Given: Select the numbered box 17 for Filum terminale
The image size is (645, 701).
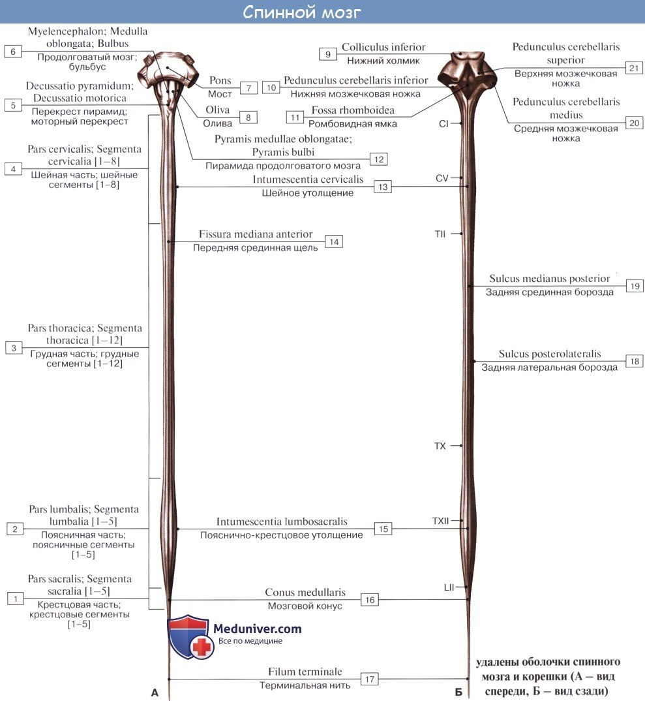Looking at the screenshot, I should point(370,679).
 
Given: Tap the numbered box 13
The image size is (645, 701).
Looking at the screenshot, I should point(383,187).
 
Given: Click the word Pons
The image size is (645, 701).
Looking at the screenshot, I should point(220,80).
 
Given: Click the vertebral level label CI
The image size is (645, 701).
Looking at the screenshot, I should point(443,123).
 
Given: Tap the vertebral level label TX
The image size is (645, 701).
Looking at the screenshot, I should point(440,446).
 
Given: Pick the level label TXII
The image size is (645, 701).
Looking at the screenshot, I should point(441,522).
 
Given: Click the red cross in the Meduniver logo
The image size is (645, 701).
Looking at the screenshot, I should point(202,647).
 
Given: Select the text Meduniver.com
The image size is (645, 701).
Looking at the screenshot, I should point(258,629).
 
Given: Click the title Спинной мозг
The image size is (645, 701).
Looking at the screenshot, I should point(302,12).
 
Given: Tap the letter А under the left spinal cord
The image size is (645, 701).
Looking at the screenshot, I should point(155,693).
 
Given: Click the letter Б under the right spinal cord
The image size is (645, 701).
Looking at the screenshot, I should point(459,693).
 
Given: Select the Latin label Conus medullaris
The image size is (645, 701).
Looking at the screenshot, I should point(305,593).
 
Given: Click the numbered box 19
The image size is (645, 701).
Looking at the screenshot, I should point(634,285).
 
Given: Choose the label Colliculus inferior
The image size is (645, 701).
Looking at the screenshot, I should point(383,47).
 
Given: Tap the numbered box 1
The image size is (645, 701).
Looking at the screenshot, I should point(16,597).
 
